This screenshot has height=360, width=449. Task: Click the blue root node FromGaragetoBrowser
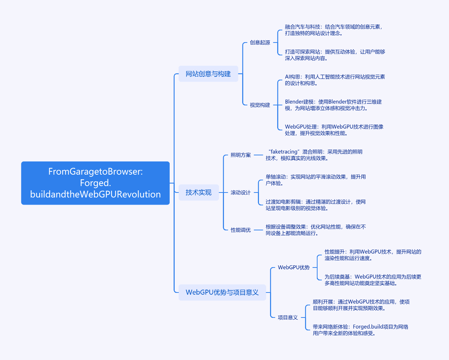[95, 183]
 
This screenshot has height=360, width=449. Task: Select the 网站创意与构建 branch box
[208, 74]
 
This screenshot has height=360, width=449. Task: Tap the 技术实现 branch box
[199, 192]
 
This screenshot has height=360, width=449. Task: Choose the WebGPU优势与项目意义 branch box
[222, 292]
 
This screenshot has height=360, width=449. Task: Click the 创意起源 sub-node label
[260, 42]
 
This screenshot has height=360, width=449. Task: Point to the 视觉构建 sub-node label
[260, 105]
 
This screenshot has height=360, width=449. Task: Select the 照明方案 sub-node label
[241, 155]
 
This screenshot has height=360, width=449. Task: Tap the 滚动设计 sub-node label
[241, 192]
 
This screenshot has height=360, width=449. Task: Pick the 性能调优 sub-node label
[241, 230]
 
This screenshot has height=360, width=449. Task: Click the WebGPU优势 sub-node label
[294, 267]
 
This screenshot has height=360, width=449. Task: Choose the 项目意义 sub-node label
[288, 317]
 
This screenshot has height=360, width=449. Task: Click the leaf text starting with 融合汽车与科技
[334, 30]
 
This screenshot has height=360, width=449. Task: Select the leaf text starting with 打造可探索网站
[335, 55]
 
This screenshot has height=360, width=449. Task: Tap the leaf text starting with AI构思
[335, 80]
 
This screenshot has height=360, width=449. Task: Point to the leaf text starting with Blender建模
[333, 105]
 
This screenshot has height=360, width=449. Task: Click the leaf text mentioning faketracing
[314, 155]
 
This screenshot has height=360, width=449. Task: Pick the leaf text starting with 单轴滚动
[316, 180]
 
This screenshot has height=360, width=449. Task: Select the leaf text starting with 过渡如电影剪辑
[316, 205]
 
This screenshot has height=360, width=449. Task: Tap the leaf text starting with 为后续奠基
[373, 280]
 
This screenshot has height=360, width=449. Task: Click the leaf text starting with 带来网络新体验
[360, 330]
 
